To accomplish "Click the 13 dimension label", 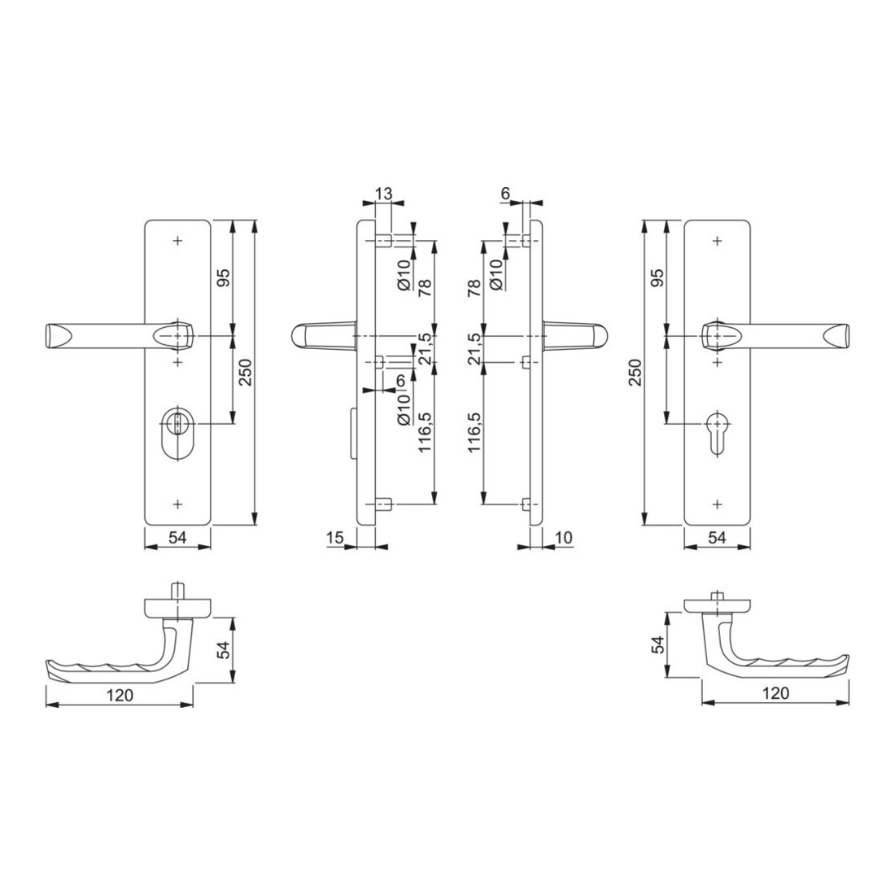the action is coord(384,194).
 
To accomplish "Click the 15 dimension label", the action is coord(335,538).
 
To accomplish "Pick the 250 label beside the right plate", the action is coord(635,372).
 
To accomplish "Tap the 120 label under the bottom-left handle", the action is coord(120,695).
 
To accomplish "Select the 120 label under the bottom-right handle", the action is coord(775,693).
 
